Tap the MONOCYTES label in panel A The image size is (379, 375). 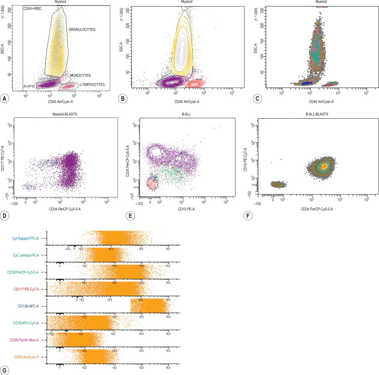click(x=81, y=74)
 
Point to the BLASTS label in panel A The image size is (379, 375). click(x=29, y=87)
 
